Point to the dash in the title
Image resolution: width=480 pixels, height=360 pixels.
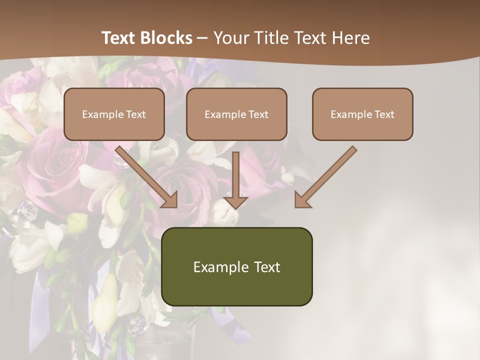pos(202,38)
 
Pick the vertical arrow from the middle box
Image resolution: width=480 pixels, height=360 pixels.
pos(235,175)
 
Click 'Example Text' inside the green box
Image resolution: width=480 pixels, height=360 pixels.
pos(237,267)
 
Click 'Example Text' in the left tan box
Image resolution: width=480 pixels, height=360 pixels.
pos(114,114)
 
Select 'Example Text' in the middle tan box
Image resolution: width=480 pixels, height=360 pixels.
pos(236,114)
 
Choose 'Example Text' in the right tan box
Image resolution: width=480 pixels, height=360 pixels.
pos(362,114)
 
